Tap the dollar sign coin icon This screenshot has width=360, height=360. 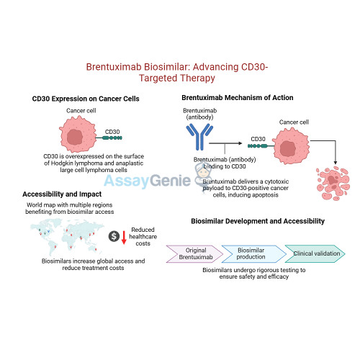(114, 236)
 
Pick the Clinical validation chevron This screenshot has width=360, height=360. (313, 252)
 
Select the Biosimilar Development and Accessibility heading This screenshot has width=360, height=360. (257, 220)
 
